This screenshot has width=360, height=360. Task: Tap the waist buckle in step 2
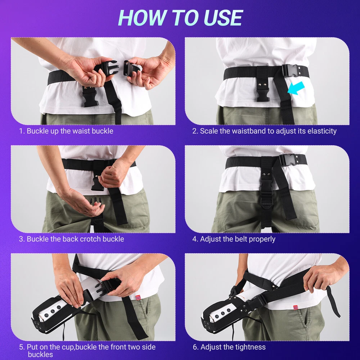(x=291, y=70)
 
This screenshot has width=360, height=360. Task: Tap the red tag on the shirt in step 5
(x=138, y=297)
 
